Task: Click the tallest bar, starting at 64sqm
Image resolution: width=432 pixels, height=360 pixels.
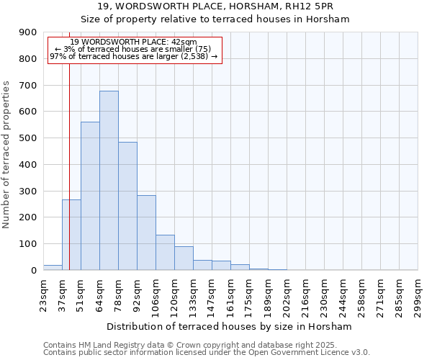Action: [109, 180]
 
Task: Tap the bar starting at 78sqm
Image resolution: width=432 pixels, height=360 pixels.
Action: [127, 206]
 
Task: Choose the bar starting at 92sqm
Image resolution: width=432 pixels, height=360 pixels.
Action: [146, 233]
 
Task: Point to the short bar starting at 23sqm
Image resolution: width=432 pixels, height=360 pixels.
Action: [53, 267]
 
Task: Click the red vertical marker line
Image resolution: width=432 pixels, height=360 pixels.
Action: [69, 144]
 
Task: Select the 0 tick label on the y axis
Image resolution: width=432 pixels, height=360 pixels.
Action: [33, 270]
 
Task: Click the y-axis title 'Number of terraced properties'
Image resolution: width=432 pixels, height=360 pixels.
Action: [7, 155]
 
